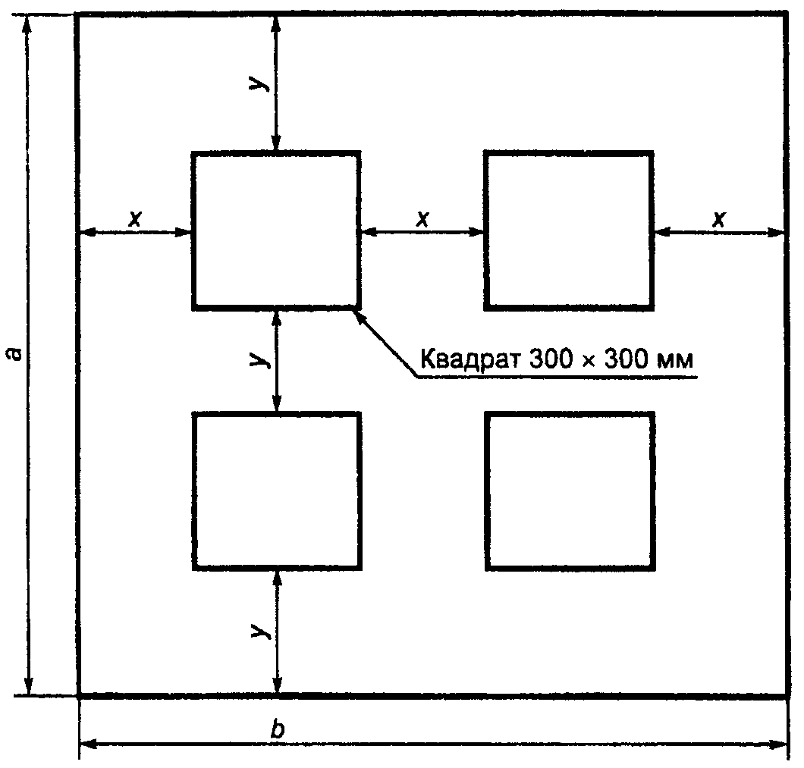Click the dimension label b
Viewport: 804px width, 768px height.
[278, 729]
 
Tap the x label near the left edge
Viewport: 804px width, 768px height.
[135, 219]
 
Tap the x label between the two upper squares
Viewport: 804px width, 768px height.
[422, 219]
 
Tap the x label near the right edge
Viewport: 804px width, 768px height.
[719, 219]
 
